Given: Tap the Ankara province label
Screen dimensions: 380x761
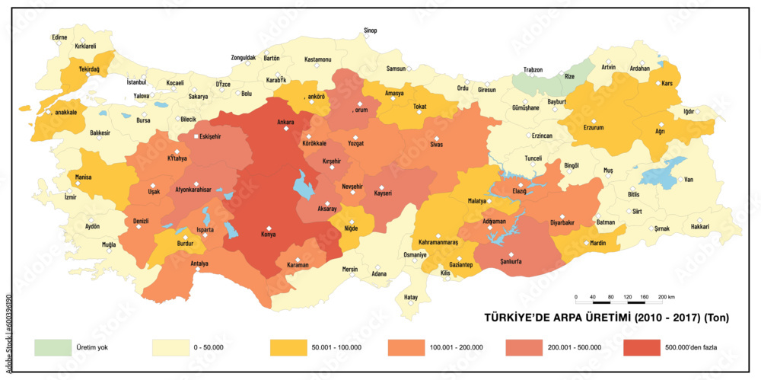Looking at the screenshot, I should pyautogui.click(x=285, y=122).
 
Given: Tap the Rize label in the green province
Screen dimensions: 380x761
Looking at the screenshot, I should pyautogui.click(x=570, y=76).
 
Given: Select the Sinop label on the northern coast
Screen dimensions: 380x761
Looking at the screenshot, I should pyautogui.click(x=370, y=30).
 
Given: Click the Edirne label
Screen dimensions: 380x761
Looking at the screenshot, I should pyautogui.click(x=59, y=37).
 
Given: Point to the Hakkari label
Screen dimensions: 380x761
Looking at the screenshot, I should pyautogui.click(x=699, y=227).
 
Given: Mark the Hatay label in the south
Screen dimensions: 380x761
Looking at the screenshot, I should pyautogui.click(x=411, y=297).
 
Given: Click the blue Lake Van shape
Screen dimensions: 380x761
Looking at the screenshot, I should pyautogui.click(x=661, y=173).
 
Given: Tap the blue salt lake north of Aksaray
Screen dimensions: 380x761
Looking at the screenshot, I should pyautogui.click(x=302, y=184).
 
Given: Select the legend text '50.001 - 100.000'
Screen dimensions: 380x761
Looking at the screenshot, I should pyautogui.click(x=336, y=348).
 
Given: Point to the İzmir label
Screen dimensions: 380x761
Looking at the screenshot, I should pyautogui.click(x=71, y=196).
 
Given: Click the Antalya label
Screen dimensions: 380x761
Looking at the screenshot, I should pyautogui.click(x=199, y=264).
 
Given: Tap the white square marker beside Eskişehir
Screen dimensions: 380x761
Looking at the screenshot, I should pyautogui.click(x=196, y=137).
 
